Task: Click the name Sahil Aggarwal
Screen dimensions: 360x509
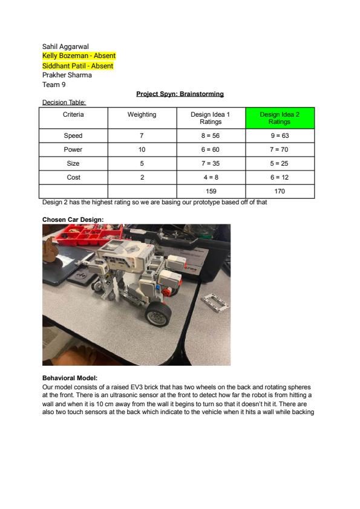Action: pyautogui.click(x=65, y=47)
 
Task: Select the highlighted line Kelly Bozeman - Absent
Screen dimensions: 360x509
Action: pyautogui.click(x=79, y=56)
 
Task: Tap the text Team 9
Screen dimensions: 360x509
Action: pyautogui.click(x=54, y=85)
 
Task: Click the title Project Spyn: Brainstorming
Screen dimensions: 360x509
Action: pyautogui.click(x=180, y=94)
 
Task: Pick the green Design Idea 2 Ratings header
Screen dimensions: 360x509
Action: pyautogui.click(x=280, y=118)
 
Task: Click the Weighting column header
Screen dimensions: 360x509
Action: pyautogui.click(x=142, y=114)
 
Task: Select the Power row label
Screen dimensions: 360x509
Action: pyautogui.click(x=73, y=149)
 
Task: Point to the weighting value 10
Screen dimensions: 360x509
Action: pyautogui.click(x=142, y=149)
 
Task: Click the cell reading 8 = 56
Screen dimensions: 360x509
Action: pyautogui.click(x=211, y=135)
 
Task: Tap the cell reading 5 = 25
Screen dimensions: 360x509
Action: pyautogui.click(x=280, y=163)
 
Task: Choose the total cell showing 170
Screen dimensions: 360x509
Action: pyautogui.click(x=280, y=191)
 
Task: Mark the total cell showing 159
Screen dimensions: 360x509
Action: pyautogui.click(x=211, y=191)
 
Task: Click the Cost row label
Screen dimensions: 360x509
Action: pyautogui.click(x=73, y=177)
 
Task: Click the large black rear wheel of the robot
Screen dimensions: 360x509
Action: pyautogui.click(x=159, y=314)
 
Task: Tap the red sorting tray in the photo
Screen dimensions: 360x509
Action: pyautogui.click(x=88, y=235)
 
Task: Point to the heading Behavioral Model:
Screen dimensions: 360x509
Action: pyautogui.click(x=70, y=378)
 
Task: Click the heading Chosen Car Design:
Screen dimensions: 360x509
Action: pyautogui.click(x=73, y=219)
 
